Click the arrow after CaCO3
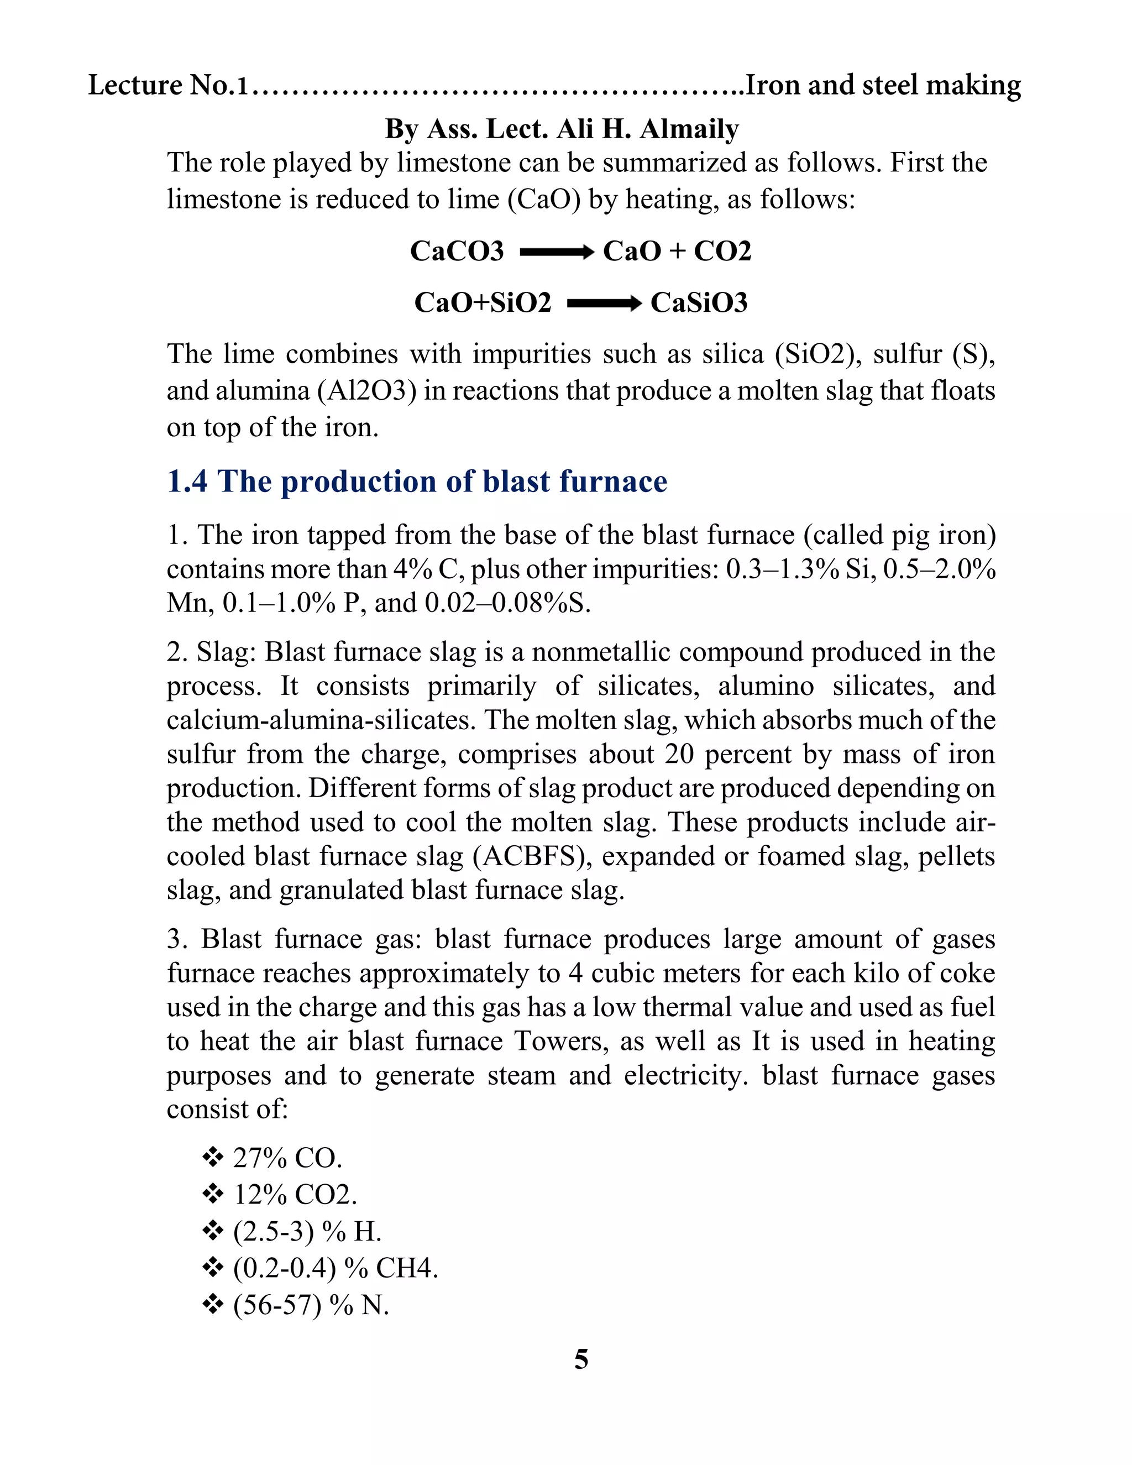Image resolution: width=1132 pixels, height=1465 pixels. pos(557,252)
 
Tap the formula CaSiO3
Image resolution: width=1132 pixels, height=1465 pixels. pos(699,302)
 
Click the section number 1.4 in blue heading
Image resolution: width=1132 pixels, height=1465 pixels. pos(187,482)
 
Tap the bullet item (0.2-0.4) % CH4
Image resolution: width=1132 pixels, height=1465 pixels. pos(334,1268)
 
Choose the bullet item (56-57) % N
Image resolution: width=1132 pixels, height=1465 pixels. pos(311,1305)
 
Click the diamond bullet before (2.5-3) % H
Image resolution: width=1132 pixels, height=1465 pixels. pos(213,1231)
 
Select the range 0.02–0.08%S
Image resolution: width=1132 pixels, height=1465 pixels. pos(507,603)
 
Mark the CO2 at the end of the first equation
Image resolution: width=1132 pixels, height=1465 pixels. pos(722,251)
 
